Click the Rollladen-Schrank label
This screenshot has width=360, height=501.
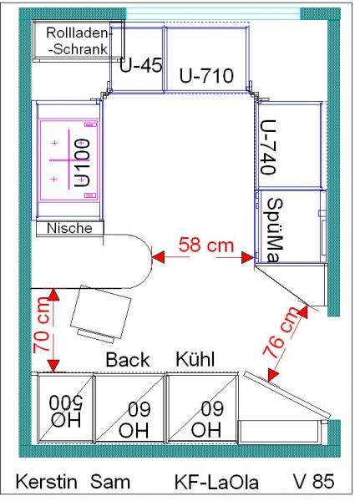(x=78, y=41)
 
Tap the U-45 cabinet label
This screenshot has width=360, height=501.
(x=140, y=65)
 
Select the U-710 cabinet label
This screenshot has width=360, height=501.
(x=206, y=76)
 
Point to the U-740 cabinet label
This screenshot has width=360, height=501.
(x=268, y=147)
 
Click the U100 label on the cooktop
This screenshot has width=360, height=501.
(x=82, y=163)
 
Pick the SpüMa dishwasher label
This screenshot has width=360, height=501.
(x=275, y=230)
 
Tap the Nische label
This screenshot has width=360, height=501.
(x=69, y=228)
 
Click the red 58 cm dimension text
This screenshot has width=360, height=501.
(x=206, y=245)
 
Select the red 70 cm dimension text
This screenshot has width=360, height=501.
(x=42, y=326)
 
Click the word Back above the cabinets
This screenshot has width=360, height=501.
(x=128, y=360)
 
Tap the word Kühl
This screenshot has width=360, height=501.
(x=195, y=359)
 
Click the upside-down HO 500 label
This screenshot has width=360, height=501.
(x=66, y=412)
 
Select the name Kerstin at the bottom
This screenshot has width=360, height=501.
(x=47, y=482)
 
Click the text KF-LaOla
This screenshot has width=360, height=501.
(x=216, y=482)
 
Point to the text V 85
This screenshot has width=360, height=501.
(x=313, y=482)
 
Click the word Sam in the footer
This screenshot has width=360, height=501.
(x=110, y=482)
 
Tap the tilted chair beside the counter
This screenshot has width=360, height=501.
(x=100, y=314)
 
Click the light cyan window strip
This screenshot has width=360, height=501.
(x=213, y=14)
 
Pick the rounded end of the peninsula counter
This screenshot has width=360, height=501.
(x=151, y=261)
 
